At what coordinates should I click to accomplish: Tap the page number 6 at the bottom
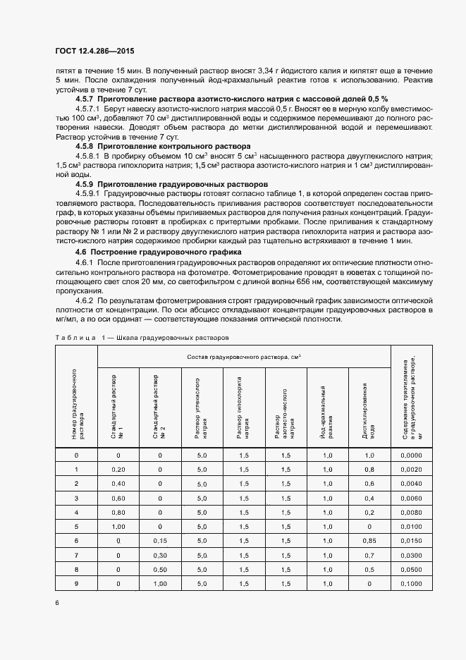pos(56,602)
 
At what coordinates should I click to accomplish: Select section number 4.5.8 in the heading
pos(87,146)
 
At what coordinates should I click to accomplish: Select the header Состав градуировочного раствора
pos(244,357)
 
